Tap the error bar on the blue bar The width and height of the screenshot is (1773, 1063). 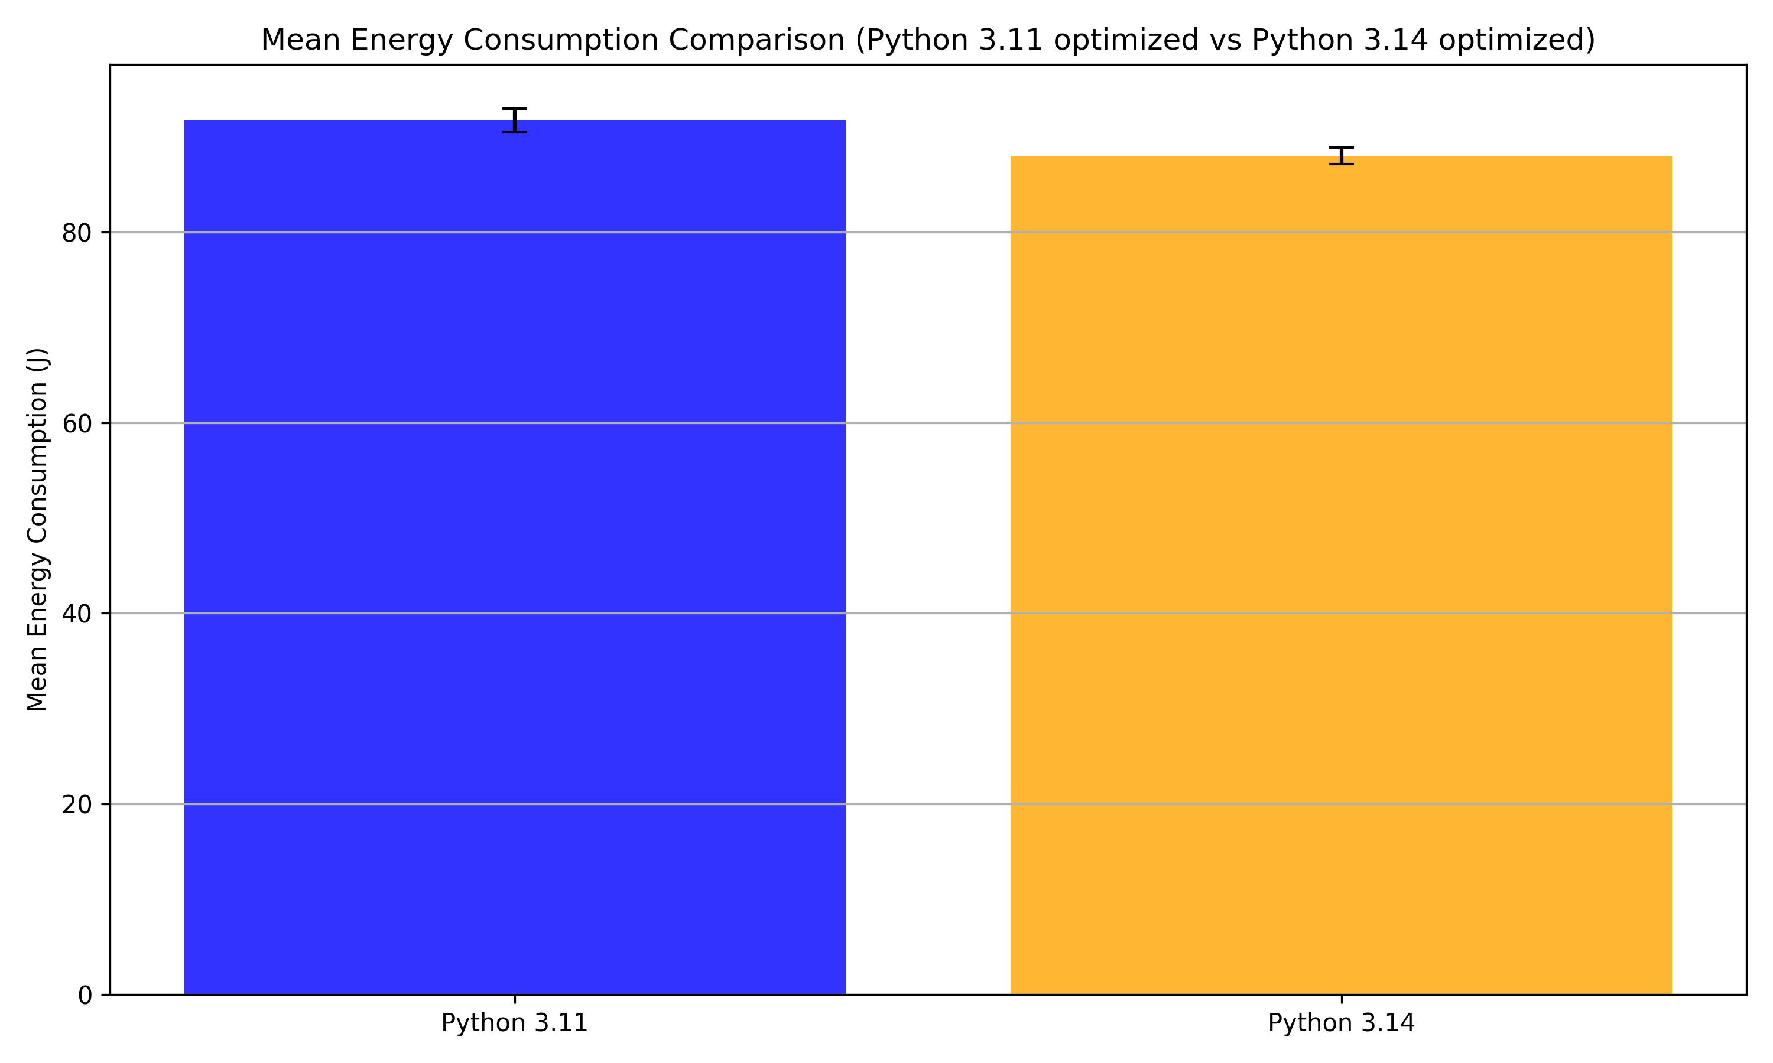515,120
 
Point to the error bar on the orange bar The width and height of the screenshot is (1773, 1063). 1341,156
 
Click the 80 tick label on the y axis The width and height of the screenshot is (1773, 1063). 76,233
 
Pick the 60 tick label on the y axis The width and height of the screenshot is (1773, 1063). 76,423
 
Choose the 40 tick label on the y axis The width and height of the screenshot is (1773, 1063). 76,614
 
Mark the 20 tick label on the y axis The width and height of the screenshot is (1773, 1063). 76,804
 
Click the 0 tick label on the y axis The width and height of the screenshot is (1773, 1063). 85,995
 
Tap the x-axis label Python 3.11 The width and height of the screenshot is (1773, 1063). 515,1023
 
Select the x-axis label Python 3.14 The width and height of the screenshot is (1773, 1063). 1341,1023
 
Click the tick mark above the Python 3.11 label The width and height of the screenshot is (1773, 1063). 515,999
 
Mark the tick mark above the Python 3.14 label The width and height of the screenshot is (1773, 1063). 1341,999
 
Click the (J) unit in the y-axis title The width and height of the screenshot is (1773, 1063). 37,360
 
